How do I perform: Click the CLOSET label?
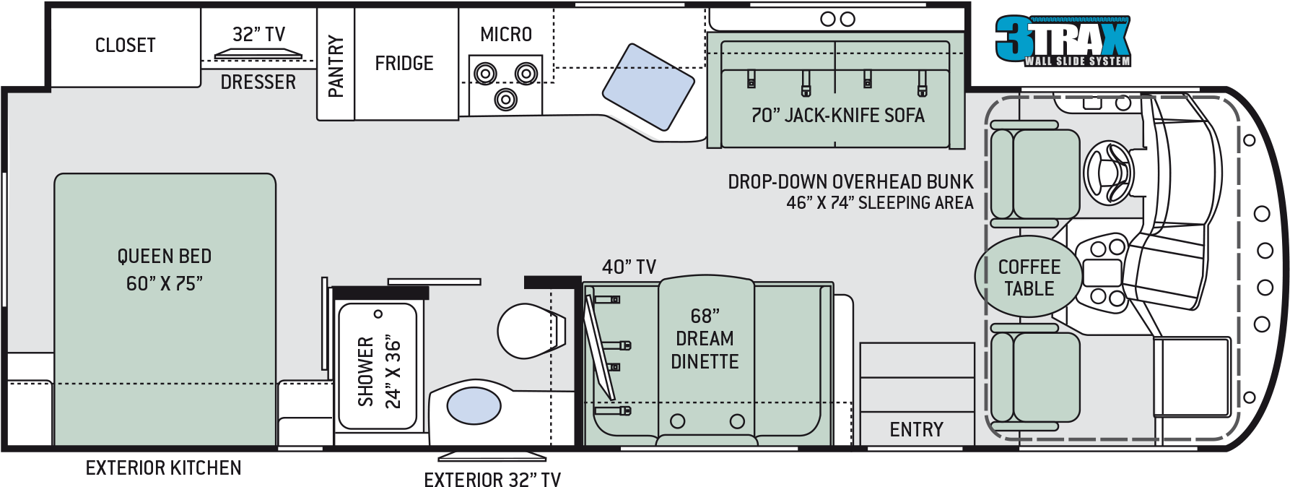(x=126, y=46)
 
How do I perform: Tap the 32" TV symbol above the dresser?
(x=258, y=53)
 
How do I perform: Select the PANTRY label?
(x=336, y=66)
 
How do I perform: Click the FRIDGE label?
(x=404, y=64)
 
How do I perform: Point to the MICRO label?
(x=506, y=35)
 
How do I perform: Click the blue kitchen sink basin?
(x=648, y=87)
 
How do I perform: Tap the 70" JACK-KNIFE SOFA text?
(x=837, y=116)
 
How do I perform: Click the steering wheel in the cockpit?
(x=1110, y=173)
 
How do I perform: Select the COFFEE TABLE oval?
(x=1029, y=277)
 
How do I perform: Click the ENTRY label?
(x=916, y=430)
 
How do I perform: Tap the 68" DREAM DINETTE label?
(x=705, y=339)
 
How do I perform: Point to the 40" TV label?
(x=629, y=267)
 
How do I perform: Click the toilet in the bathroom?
(x=531, y=331)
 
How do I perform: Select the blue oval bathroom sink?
(x=474, y=405)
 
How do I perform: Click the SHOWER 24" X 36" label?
(x=379, y=371)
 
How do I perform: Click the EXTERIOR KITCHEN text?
(x=163, y=468)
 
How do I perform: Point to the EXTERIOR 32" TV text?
(x=492, y=480)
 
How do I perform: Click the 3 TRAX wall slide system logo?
(x=1063, y=41)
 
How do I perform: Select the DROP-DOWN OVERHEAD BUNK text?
(x=850, y=182)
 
